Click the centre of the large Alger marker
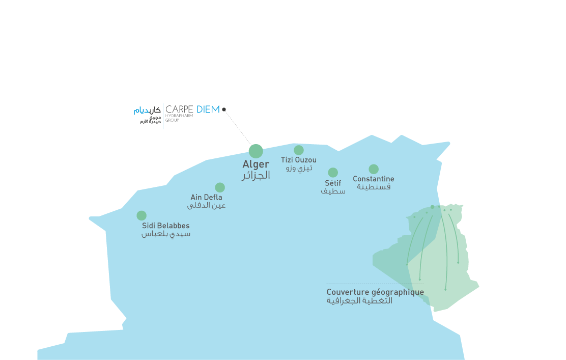tap(256, 151)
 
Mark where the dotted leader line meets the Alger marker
tap(251, 146)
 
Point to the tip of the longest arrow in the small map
tap(445, 290)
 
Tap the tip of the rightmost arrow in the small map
tap(458, 264)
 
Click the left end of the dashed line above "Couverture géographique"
tap(327, 284)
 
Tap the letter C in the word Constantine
tap(355, 179)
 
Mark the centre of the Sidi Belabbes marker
tap(142, 215)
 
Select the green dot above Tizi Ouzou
tap(298, 150)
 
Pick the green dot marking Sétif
tap(333, 173)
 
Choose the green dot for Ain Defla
tap(220, 187)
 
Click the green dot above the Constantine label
tap(374, 169)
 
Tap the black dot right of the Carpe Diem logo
tap(224, 109)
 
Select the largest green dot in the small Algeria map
tap(433, 207)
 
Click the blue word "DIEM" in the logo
tap(208, 109)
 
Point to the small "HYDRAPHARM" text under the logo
tap(179, 116)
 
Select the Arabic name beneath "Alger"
tap(256, 176)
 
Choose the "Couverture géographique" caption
tap(376, 292)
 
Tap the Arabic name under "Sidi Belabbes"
tap(166, 234)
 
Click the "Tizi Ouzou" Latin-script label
tap(298, 160)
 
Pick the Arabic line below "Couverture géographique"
tap(359, 301)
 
